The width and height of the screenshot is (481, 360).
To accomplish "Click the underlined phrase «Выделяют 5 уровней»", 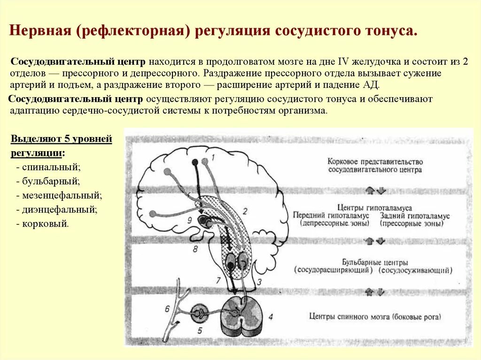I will pos(62,139).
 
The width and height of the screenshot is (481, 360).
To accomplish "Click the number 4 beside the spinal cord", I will pos(271,317).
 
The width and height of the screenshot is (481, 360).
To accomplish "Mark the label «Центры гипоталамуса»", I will pos(375,207).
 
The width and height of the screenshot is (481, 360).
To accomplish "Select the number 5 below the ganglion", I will pos(200,330).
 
